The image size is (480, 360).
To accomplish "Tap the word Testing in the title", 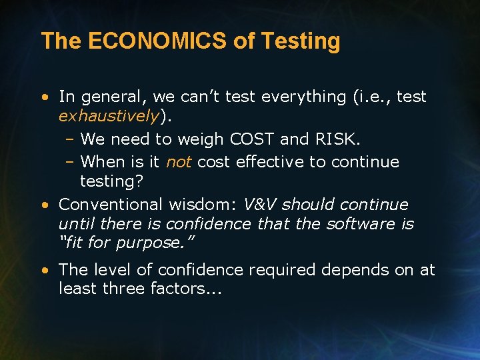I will [x=301, y=41].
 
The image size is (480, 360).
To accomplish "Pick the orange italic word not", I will [x=178, y=162].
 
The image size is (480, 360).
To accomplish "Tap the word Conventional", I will [x=109, y=205].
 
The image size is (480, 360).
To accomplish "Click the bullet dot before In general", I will [x=43, y=97].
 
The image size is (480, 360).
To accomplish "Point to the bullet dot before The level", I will [x=43, y=270].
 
